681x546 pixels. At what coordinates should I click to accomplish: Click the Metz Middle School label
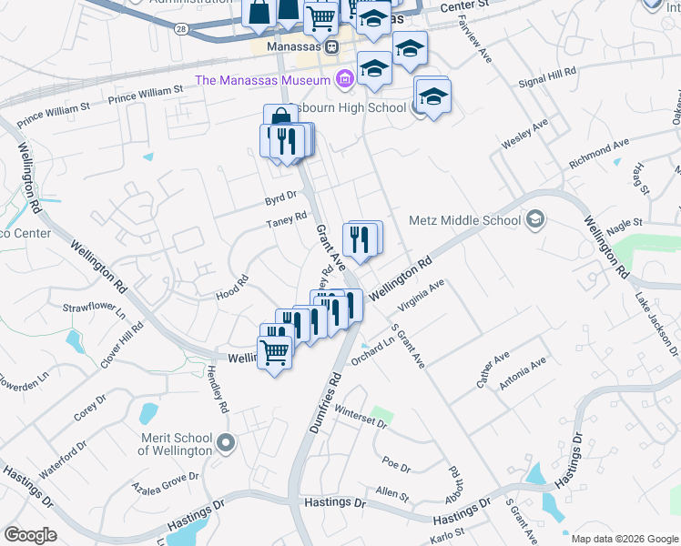(464, 219)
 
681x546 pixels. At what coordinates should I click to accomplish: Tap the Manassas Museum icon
(344, 79)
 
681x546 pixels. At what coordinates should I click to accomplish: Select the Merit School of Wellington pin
(227, 443)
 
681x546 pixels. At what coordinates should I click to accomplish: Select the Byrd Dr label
(281, 196)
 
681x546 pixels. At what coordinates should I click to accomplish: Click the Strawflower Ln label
(94, 308)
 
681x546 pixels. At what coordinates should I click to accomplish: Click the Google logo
(30, 535)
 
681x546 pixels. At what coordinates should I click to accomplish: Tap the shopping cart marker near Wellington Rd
(275, 351)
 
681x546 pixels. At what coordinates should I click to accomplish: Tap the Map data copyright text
(623, 537)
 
